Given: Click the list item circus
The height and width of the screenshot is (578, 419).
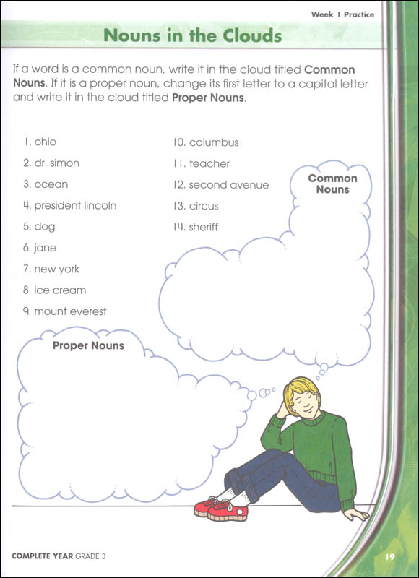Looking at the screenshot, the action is pyautogui.click(x=203, y=206).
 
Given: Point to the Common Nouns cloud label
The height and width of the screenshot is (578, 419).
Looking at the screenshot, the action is pyautogui.click(x=332, y=184).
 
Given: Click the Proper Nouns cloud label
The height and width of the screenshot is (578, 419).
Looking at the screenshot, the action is pyautogui.click(x=88, y=346).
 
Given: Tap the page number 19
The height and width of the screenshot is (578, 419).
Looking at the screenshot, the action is pyautogui.click(x=389, y=556).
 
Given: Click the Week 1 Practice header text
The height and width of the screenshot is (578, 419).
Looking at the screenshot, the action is pyautogui.click(x=342, y=14).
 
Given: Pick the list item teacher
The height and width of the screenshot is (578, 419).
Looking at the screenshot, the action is pyautogui.click(x=209, y=164).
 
